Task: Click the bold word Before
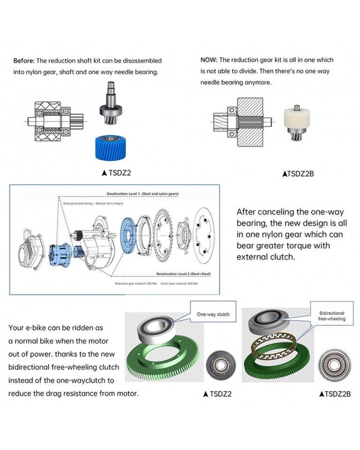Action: tap(23, 60)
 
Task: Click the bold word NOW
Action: tap(208, 60)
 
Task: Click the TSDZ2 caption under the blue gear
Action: tap(116, 172)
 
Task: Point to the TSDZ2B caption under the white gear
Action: tap(299, 173)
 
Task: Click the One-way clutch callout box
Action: tap(213, 314)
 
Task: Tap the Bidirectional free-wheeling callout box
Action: tap(332, 316)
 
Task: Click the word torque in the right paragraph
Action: tap(302, 246)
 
